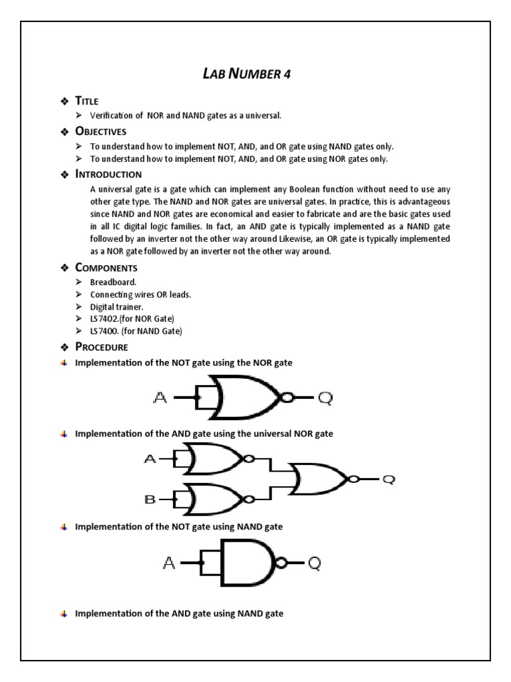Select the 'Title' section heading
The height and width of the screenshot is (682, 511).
tap(86, 101)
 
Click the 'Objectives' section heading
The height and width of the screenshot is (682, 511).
tap(100, 131)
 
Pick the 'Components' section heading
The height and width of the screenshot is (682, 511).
tap(106, 268)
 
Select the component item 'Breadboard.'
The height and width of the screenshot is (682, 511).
tap(114, 282)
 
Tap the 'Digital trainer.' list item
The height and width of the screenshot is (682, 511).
tap(117, 306)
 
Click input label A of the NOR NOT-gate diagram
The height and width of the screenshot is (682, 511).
tap(160, 398)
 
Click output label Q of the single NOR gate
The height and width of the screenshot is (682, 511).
tap(323, 398)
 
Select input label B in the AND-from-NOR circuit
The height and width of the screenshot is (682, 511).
tap(150, 499)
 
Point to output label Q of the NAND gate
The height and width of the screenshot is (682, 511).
tap(314, 564)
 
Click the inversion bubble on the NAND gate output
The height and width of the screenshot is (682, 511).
tap(281, 564)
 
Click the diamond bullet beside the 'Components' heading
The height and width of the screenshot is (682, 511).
tap(65, 268)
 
